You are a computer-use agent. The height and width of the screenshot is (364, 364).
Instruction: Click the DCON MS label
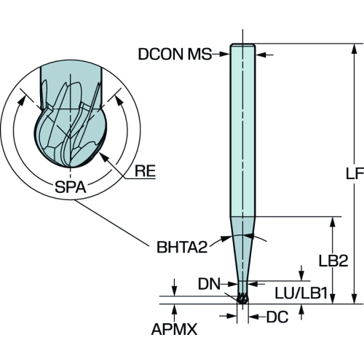175,54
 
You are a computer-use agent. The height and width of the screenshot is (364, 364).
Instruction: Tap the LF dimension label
355,173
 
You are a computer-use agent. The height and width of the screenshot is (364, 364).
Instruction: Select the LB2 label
333,261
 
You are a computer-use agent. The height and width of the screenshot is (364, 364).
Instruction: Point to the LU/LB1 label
301,293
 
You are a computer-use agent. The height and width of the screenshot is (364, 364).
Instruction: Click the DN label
209,284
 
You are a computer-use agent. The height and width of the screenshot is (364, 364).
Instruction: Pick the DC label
277,317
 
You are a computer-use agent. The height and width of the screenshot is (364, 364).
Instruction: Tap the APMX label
174,329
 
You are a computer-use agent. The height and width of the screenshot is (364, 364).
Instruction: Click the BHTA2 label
182,247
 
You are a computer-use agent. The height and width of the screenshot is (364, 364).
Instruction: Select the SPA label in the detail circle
71,187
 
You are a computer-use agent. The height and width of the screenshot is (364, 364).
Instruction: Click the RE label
145,170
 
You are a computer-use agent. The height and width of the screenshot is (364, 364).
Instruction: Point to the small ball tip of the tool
242,298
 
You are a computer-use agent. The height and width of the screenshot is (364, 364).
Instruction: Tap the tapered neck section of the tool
242,249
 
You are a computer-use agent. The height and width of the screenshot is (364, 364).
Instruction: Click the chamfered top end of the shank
242,45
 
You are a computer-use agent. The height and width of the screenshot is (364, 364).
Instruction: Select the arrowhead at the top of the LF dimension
355,49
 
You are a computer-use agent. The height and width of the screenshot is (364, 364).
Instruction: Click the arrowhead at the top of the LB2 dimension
333,221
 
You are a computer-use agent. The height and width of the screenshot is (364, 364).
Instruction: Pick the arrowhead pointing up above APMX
174,309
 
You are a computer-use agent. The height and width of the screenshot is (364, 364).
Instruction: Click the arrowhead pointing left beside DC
253,317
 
